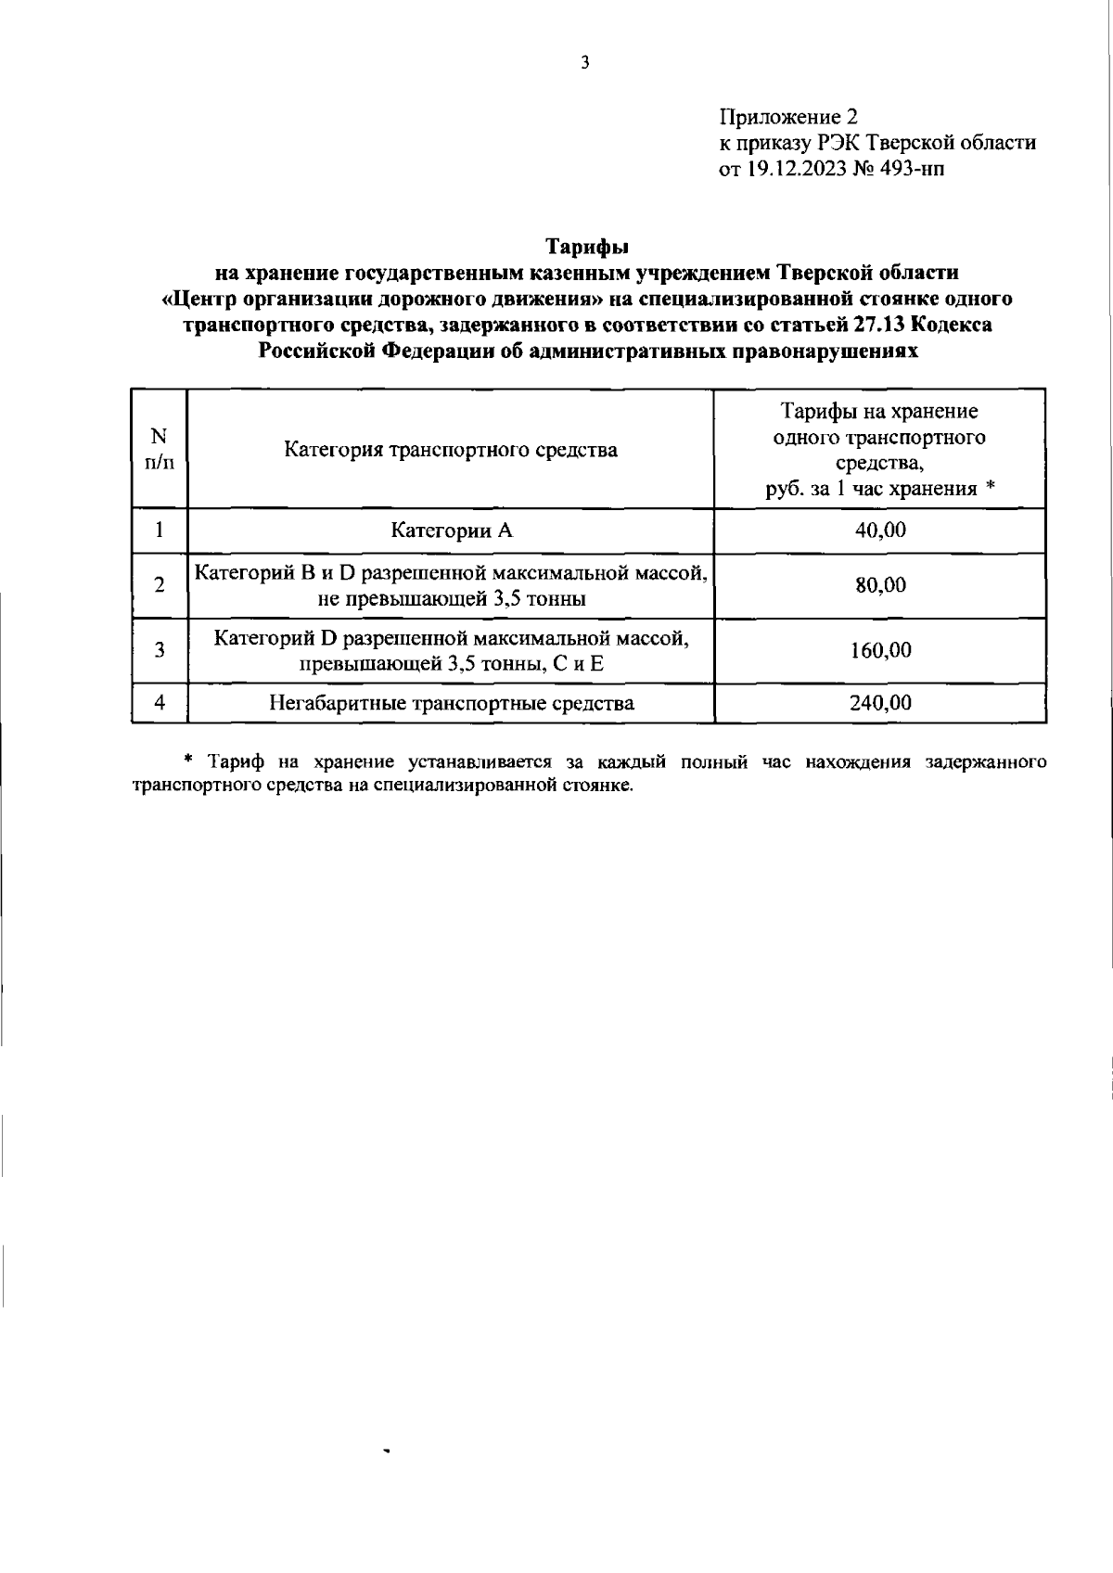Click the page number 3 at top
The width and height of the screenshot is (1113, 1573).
tap(584, 64)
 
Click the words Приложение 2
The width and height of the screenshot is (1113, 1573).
tap(788, 118)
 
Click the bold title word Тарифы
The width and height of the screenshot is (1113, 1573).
tap(586, 247)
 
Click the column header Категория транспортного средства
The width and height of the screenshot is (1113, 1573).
tap(450, 451)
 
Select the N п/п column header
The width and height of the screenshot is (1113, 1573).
tap(160, 449)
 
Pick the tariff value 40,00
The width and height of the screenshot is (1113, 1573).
tap(880, 531)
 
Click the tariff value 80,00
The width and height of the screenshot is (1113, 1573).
tap(880, 585)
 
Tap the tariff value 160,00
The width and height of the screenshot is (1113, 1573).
tap(880, 650)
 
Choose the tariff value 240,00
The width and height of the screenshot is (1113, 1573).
tap(880, 703)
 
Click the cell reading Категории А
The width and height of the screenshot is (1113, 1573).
tap(451, 531)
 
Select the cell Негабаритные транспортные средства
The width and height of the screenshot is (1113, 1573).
tap(451, 703)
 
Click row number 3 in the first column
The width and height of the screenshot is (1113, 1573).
tap(160, 650)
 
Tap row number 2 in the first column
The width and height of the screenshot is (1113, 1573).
tap(160, 585)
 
